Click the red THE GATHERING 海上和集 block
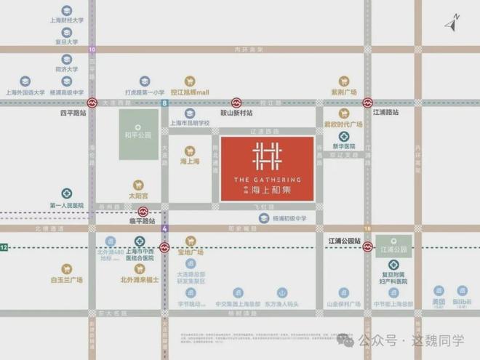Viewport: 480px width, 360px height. click(x=267, y=169)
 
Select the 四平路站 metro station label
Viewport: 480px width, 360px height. click(x=73, y=114)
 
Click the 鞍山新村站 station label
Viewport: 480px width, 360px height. click(x=236, y=113)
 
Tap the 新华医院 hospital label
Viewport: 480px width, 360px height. click(x=344, y=145)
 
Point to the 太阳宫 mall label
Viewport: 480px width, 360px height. click(x=138, y=196)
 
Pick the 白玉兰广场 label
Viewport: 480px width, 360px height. click(x=67, y=280)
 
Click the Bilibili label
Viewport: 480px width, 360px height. click(x=462, y=301)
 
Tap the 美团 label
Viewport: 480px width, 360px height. click(x=439, y=301)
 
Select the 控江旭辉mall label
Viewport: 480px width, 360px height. click(x=190, y=93)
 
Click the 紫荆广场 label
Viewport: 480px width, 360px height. click(x=344, y=93)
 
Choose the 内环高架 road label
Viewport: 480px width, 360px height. click(x=241, y=49)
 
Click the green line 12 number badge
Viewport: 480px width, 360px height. click(x=4, y=248)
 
